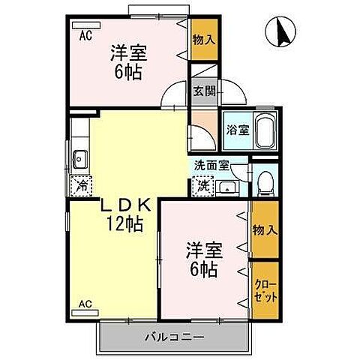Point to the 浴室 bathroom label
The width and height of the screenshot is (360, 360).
(237, 130)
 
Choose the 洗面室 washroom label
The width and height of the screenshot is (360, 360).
(211, 166)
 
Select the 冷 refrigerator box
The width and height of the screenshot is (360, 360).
(80, 185)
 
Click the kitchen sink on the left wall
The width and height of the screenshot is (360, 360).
(80, 158)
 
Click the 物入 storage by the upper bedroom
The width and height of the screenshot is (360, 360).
(202, 38)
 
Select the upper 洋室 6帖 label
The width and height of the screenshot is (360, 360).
(127, 61)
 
